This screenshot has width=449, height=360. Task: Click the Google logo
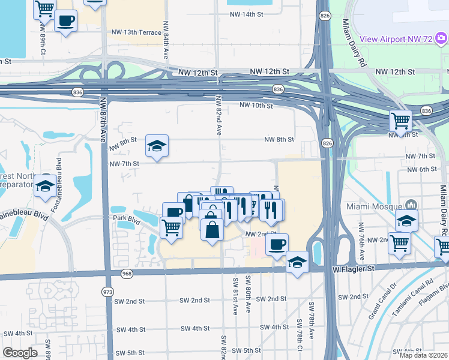[20, 353]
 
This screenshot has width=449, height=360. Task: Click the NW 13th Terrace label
[136, 32]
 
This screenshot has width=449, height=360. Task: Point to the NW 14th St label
[247, 13]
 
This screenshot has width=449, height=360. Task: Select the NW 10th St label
[256, 106]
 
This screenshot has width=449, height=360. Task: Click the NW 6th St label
[421, 170]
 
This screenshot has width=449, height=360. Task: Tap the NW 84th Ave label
[166, 46]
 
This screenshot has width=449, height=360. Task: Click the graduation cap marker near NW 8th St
[157, 146]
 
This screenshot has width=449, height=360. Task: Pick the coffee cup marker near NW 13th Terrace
[65, 21]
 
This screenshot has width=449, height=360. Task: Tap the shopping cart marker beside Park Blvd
[172, 228]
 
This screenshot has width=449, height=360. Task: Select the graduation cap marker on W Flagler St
[297, 262]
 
